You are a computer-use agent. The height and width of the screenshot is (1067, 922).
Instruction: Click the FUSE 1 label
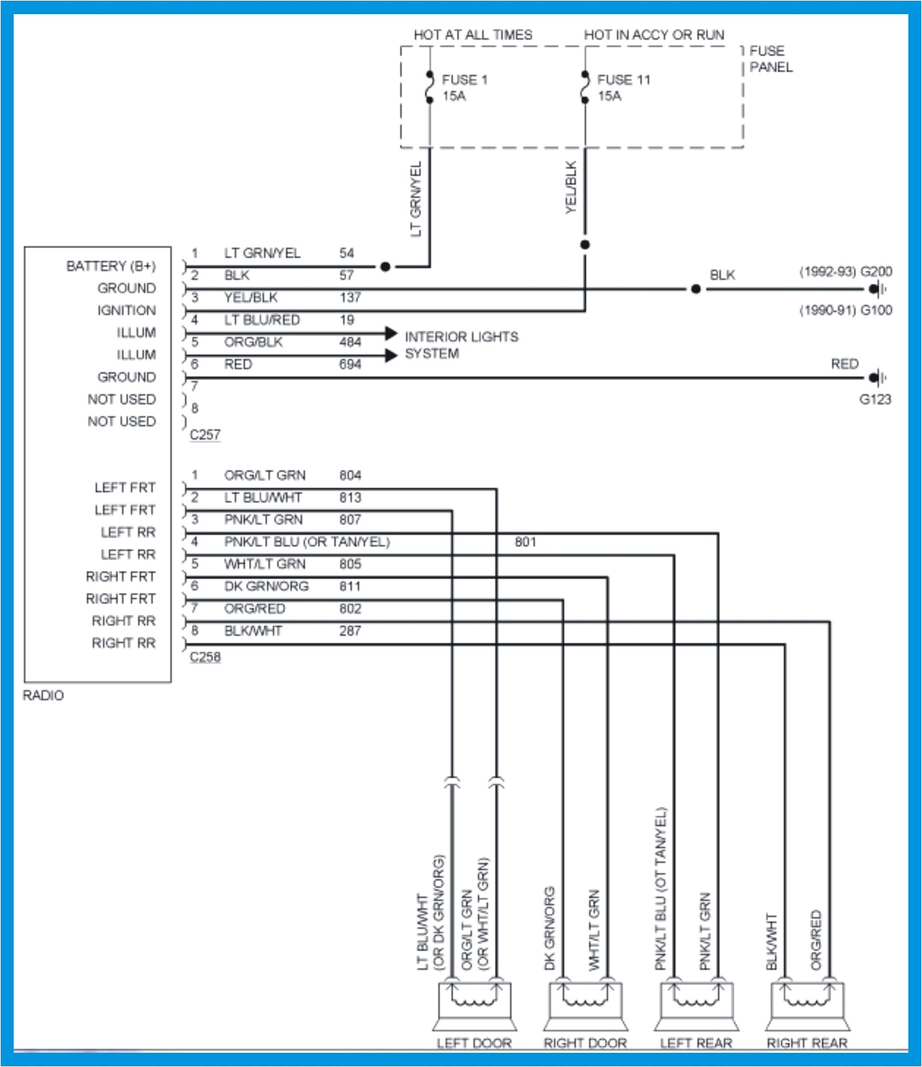tap(465, 79)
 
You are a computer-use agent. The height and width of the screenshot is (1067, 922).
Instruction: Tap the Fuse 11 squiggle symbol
tap(585, 87)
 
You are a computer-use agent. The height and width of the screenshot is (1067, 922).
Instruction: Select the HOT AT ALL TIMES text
tap(473, 35)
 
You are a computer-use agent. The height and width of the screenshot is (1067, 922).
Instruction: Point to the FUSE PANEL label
tap(771, 59)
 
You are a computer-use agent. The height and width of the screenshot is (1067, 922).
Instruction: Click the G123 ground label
tap(875, 399)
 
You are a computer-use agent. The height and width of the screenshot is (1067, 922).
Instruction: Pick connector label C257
tap(205, 435)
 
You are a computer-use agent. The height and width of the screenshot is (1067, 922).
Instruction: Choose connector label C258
tap(205, 657)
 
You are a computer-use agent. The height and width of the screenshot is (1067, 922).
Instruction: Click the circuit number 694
tap(350, 364)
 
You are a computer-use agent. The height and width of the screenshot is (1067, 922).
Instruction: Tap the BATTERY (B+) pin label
tap(111, 266)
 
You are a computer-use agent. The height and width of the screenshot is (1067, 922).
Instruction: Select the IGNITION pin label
tap(126, 311)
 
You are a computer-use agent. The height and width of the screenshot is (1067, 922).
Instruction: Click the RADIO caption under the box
tap(43, 696)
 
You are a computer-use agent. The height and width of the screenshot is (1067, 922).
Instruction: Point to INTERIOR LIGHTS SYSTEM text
tap(461, 345)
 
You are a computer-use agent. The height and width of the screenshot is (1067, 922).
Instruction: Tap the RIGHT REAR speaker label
tap(807, 1043)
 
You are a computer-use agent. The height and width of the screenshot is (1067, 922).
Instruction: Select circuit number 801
tap(525, 542)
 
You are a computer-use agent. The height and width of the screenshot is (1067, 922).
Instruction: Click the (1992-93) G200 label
tap(845, 271)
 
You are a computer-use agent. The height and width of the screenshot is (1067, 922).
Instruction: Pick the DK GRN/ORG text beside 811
tap(266, 586)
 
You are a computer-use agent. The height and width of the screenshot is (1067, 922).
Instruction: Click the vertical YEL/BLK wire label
tap(571, 187)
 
